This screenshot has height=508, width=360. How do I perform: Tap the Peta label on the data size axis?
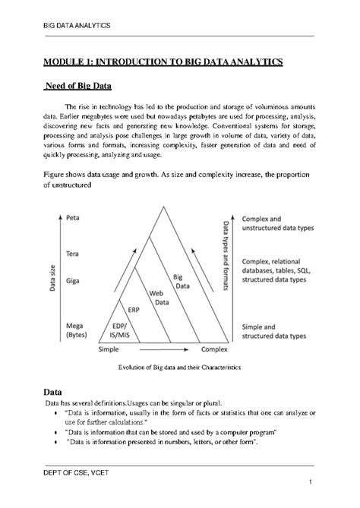74,218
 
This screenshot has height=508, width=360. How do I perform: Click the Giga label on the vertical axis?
74,280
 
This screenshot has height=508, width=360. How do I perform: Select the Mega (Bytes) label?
77,330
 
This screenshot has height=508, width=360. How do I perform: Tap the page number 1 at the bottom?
311,483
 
